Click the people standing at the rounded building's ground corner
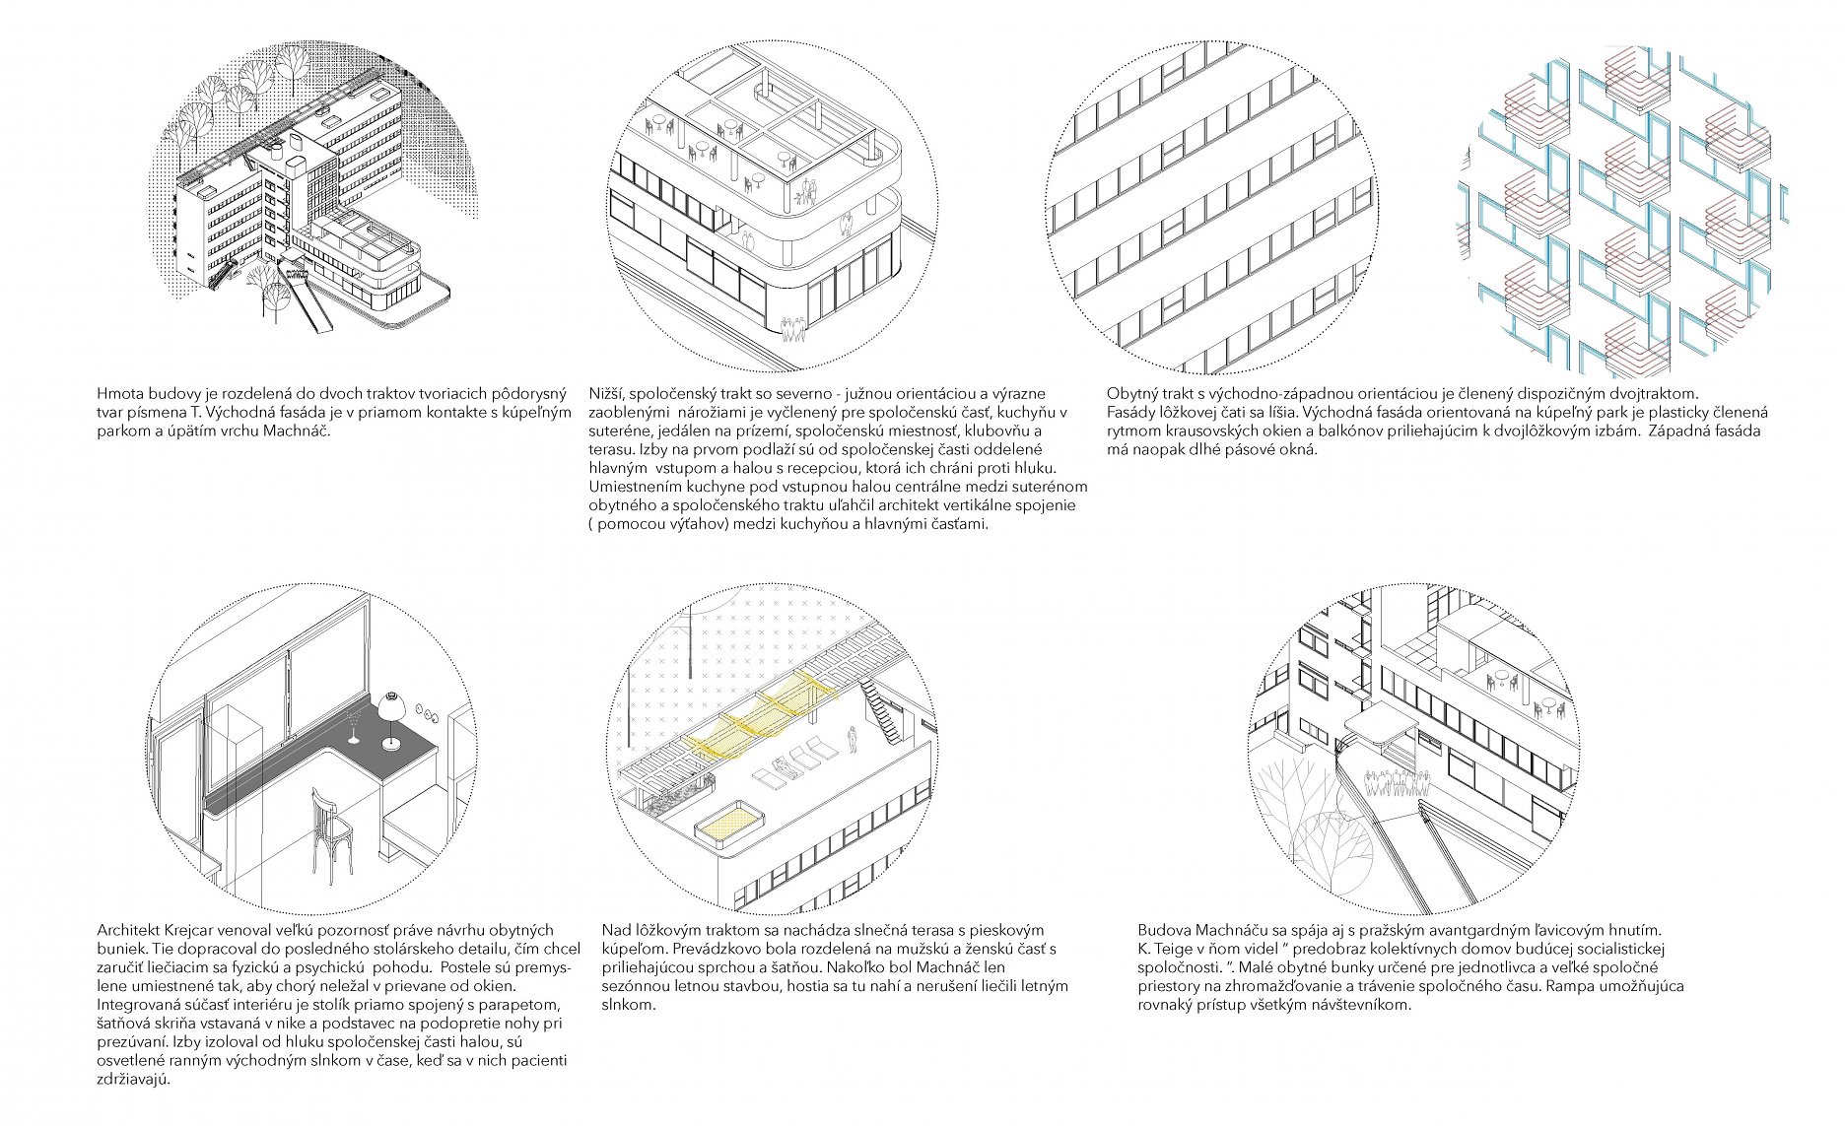point(793,329)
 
